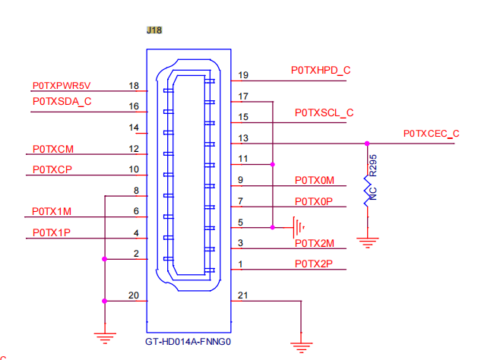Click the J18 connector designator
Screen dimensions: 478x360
point(154,30)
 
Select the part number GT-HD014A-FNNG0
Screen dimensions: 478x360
point(188,342)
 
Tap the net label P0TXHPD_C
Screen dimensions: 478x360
point(321,71)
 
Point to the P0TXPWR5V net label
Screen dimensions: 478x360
point(62,86)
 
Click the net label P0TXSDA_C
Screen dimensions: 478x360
point(62,102)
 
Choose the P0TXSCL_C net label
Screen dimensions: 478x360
point(324,113)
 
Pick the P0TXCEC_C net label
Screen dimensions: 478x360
point(432,134)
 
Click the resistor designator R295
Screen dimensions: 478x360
point(373,166)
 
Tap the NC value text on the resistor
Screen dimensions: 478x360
point(373,194)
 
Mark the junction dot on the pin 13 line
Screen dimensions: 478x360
point(367,144)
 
